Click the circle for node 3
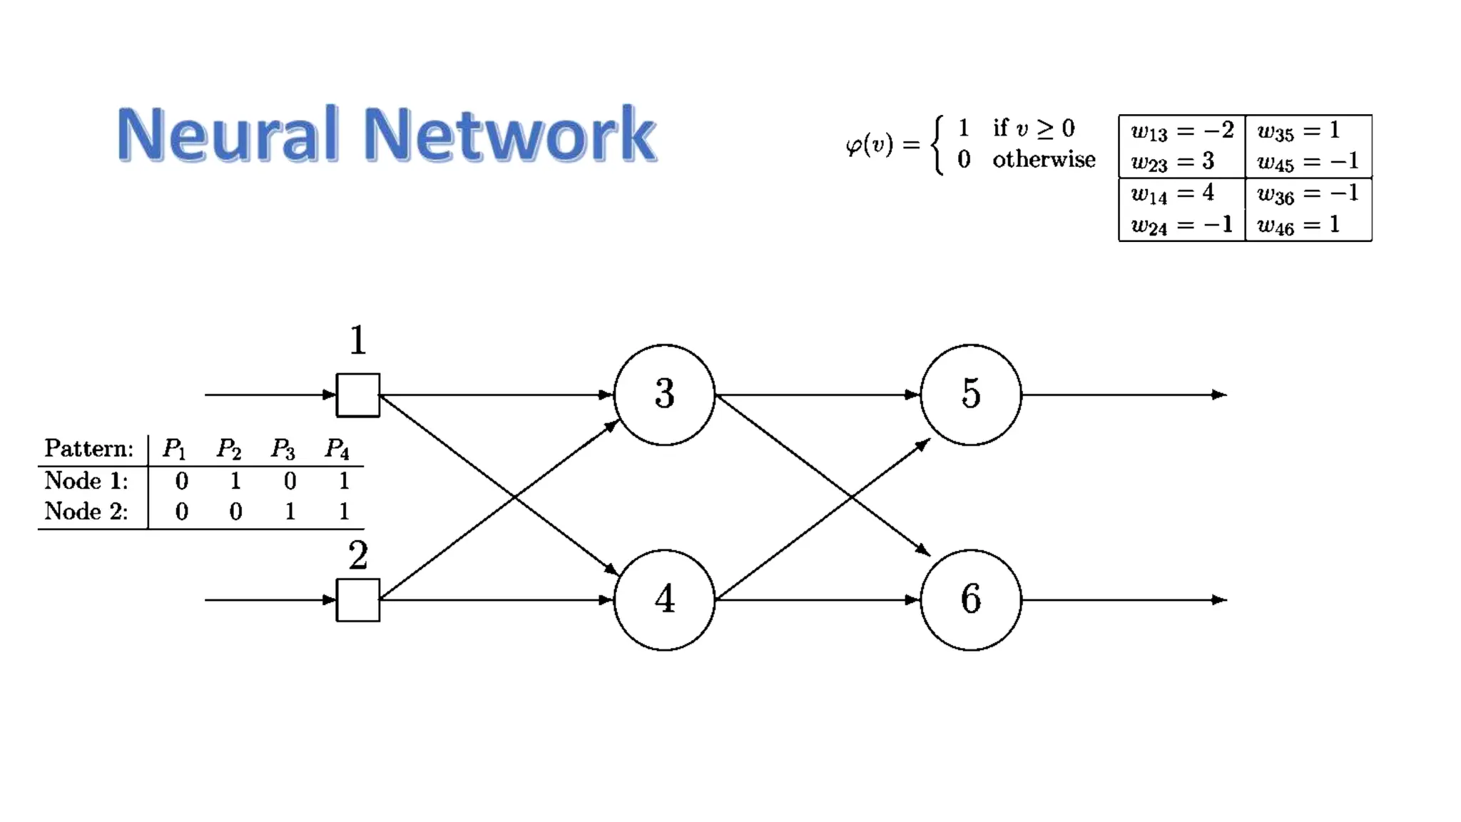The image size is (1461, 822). [664, 395]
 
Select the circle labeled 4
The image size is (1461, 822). [664, 599]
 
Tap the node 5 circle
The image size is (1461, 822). [970, 395]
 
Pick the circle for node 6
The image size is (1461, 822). [970, 599]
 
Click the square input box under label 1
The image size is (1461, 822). [358, 395]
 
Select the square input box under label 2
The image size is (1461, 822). [358, 599]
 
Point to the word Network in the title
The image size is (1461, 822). [509, 134]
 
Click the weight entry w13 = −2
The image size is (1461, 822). [1182, 131]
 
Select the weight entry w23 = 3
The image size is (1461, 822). [1173, 162]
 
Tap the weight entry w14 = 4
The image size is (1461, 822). [1173, 193]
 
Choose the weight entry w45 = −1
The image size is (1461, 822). [1308, 162]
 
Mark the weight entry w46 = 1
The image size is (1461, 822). [1298, 225]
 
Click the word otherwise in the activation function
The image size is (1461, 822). [1043, 159]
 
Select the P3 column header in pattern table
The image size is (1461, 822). [282, 449]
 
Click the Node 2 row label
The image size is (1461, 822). [86, 512]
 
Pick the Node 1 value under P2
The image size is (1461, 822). [235, 481]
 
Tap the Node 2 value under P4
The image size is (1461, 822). [344, 512]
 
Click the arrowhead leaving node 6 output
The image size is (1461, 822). [1219, 599]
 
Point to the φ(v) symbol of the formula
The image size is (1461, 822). [869, 145]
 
